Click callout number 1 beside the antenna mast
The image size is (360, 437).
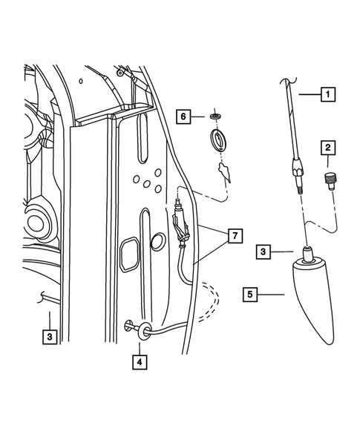[327, 94]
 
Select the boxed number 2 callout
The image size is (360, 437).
[327, 148]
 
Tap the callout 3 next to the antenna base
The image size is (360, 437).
[262, 252]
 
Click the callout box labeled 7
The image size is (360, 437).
[233, 237]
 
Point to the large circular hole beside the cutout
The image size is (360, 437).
[157, 243]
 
